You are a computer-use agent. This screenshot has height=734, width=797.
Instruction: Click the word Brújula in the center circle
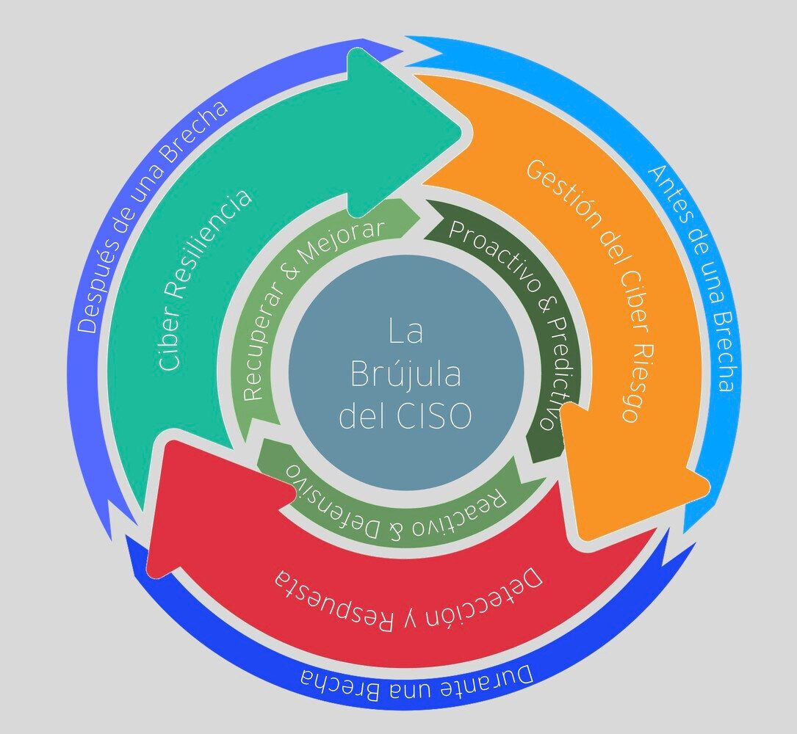coord(405,374)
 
